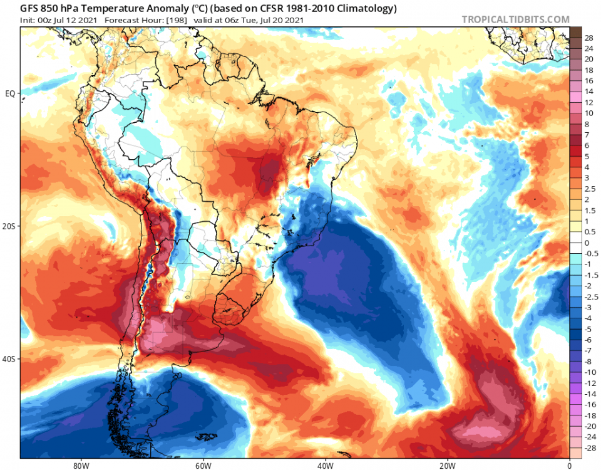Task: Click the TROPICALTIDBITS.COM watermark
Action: pos(515,19)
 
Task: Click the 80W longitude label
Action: pos(80,466)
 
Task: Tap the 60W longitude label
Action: pos(202,466)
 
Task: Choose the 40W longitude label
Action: pos(324,466)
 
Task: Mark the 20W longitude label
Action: pos(446,466)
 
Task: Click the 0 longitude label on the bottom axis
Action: pos(569,466)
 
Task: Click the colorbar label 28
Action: pos(589,38)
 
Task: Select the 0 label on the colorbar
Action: pos(587,243)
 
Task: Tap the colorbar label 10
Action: pos(589,113)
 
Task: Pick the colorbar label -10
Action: pos(590,372)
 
